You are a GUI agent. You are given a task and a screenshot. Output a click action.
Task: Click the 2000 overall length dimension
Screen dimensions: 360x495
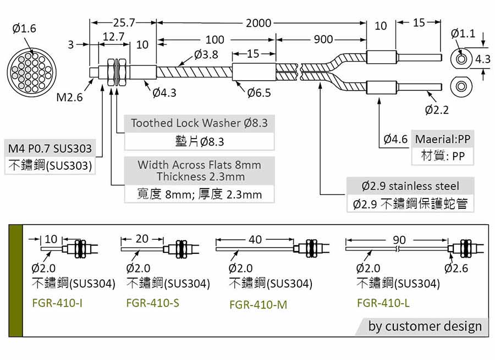pyautogui.click(x=258, y=23)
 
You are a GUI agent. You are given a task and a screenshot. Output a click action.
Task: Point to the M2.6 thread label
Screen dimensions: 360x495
pyautogui.click(x=69, y=97)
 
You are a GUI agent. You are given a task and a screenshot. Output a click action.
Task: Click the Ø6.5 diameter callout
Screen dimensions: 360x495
pyautogui.click(x=258, y=93)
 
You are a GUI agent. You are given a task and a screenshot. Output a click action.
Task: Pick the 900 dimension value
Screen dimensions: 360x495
pyautogui.click(x=323, y=40)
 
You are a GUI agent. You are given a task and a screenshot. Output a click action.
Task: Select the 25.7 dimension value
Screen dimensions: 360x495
pyautogui.click(x=124, y=23)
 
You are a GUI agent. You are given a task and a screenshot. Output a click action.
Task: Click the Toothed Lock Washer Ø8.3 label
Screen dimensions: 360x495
pyautogui.click(x=199, y=123)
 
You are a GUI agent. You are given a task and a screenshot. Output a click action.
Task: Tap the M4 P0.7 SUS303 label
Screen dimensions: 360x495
pyautogui.click(x=50, y=148)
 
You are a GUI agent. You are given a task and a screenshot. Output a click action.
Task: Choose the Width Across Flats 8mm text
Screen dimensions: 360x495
pyautogui.click(x=199, y=165)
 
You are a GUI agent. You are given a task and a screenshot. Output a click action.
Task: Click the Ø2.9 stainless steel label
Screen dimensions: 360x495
pyautogui.click(x=410, y=186)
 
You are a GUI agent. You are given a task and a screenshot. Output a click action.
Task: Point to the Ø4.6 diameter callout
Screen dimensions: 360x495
pyautogui.click(x=396, y=139)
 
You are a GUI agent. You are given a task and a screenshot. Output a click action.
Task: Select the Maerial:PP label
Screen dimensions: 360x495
pyautogui.click(x=443, y=139)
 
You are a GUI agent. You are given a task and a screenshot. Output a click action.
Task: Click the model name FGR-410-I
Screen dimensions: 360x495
pyautogui.click(x=57, y=302)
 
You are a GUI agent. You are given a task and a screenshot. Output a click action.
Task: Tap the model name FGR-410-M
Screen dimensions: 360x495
pyautogui.click(x=258, y=304)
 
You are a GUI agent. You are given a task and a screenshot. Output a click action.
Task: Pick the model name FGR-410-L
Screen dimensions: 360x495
pyautogui.click(x=383, y=302)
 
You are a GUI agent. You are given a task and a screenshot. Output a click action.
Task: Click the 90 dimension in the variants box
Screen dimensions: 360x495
pyautogui.click(x=400, y=240)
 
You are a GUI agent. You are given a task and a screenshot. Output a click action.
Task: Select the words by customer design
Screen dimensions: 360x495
pyautogui.click(x=425, y=326)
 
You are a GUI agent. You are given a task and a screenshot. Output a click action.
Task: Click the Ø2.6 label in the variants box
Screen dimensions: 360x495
pyautogui.click(x=456, y=268)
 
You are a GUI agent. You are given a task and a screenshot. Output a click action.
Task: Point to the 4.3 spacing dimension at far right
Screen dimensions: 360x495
pyautogui.click(x=482, y=59)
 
